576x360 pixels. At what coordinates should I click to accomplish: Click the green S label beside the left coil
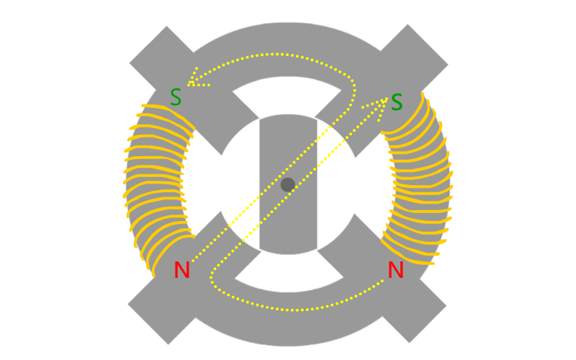(x=176, y=97)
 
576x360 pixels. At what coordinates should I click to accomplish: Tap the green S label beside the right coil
(x=396, y=103)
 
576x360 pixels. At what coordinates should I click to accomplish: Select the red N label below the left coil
(x=182, y=271)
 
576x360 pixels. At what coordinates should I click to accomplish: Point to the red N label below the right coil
(x=395, y=271)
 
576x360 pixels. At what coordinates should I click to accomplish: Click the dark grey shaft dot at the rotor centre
(x=288, y=184)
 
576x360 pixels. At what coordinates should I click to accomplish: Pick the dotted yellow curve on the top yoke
(x=288, y=55)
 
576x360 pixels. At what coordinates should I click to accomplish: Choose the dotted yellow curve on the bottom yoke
(x=288, y=310)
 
